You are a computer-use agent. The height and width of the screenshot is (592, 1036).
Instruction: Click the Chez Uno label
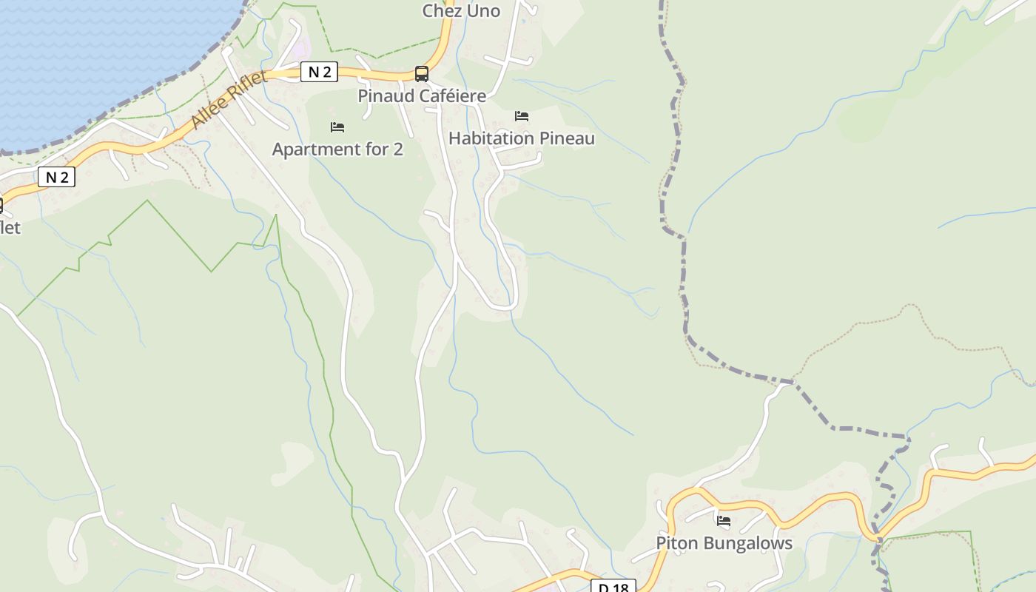point(461,11)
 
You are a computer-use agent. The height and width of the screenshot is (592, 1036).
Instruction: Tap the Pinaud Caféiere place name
point(422,96)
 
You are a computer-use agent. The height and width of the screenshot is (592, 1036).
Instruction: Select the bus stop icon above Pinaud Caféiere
point(422,73)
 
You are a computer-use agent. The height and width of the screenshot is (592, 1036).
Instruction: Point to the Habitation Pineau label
point(522,138)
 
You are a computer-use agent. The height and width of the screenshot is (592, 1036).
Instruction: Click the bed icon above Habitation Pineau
point(522,116)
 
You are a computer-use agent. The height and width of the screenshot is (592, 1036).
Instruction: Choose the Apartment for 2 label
point(337,149)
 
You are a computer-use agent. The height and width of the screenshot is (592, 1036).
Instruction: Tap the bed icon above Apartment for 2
point(337,127)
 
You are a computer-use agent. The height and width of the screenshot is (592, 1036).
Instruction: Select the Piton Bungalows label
point(724,543)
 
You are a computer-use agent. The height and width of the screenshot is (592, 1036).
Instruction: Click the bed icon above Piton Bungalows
point(724,521)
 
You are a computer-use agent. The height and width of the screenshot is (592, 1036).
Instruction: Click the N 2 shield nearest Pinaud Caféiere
point(320,72)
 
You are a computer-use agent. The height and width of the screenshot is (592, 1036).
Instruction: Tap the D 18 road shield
point(613,588)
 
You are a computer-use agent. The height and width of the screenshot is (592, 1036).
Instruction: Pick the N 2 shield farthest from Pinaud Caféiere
point(57,177)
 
